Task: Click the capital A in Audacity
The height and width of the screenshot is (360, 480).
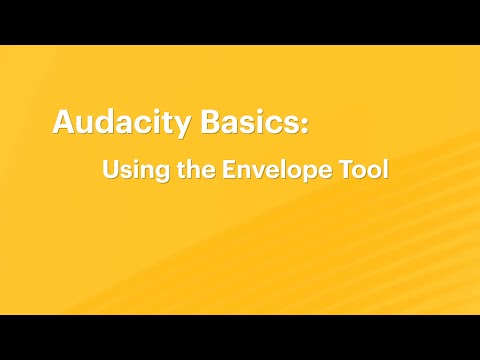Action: [63, 124]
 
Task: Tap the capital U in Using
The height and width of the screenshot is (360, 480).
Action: [110, 169]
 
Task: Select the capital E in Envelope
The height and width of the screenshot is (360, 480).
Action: [228, 169]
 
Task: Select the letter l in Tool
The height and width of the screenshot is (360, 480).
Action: [383, 169]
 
